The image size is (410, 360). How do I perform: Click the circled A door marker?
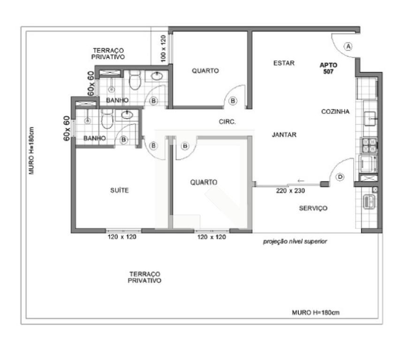[348, 46]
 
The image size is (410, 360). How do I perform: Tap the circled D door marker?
[340, 177]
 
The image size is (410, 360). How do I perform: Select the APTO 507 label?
[328, 68]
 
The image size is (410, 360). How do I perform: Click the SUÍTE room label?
[120, 190]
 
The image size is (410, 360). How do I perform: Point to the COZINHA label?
[335, 112]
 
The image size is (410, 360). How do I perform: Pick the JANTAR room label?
[284, 135]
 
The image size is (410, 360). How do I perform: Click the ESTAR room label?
[284, 63]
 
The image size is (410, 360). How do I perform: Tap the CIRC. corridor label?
[227, 121]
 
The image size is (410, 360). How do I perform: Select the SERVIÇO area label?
[313, 208]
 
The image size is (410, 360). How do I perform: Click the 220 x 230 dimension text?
[290, 191]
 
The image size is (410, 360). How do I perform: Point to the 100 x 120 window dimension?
[163, 49]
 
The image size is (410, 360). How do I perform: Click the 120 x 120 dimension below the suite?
[122, 237]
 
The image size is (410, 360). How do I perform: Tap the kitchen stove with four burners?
[369, 145]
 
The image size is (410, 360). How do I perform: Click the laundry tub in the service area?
[369, 202]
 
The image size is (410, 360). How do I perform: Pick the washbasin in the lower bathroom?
[127, 115]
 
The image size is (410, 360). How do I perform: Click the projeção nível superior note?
[295, 241]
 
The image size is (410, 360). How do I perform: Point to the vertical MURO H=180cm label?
[31, 151]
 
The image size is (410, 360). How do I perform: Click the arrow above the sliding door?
[301, 180]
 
